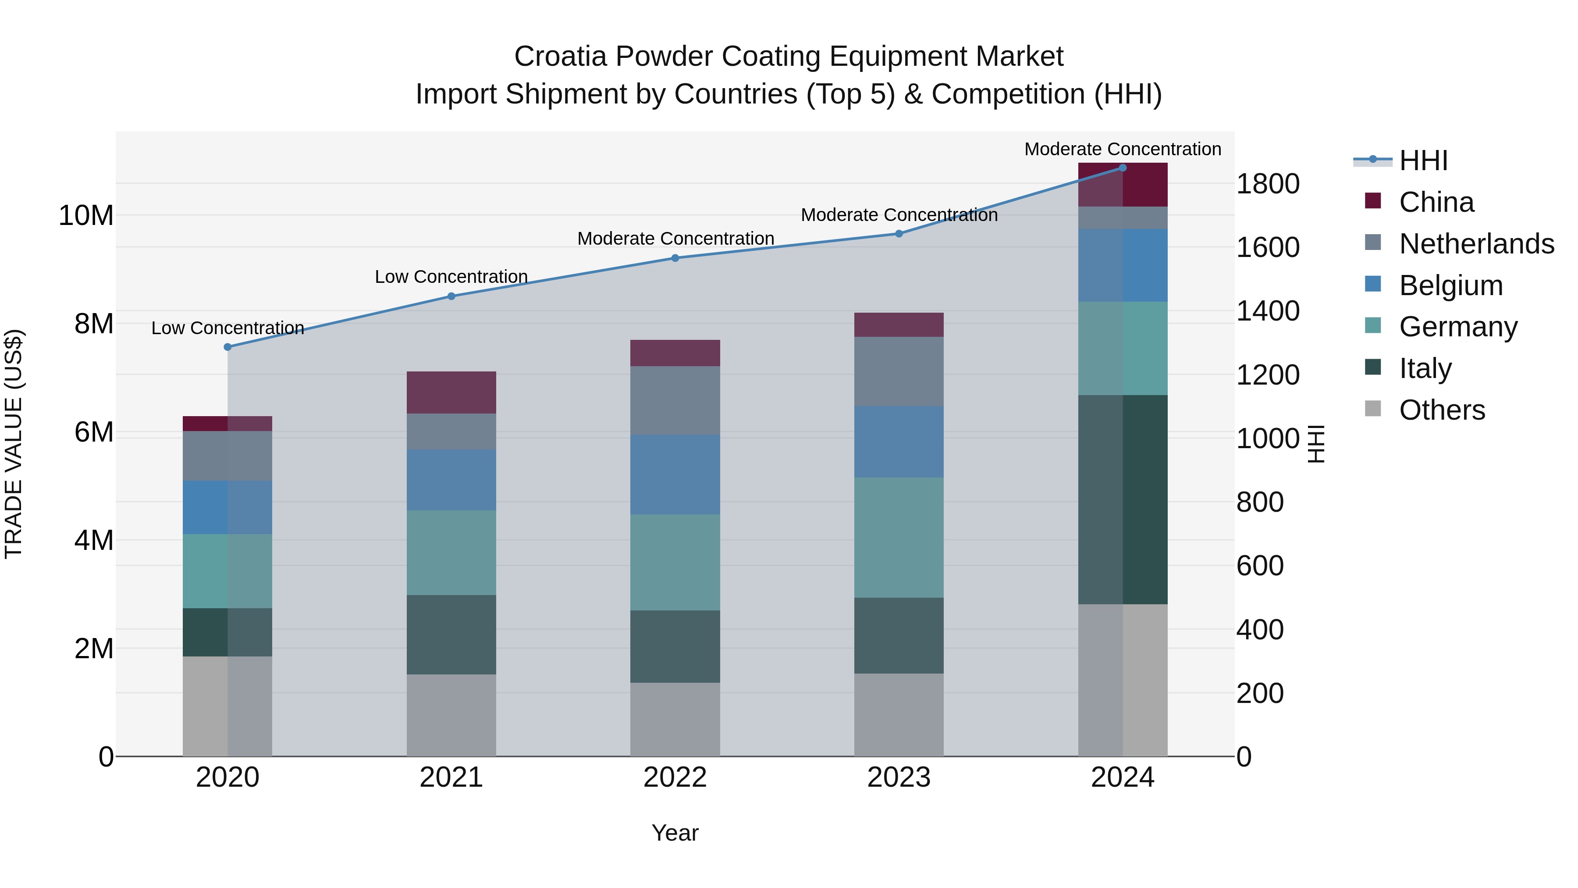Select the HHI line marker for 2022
[675, 258]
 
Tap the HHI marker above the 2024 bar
[1122, 168]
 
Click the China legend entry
[1436, 202]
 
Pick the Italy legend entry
[1425, 368]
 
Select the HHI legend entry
[1422, 160]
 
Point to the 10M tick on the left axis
[86, 216]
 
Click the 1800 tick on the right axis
[1267, 184]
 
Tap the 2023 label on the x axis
[899, 777]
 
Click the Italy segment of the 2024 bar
[1122, 499]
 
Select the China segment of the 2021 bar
[451, 392]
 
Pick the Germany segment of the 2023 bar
[899, 538]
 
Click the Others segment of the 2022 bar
[675, 720]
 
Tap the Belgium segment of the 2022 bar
[675, 474]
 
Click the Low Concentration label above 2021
[451, 277]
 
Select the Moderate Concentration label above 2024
[1122, 150]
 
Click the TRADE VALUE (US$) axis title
[14, 444]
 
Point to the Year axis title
[675, 833]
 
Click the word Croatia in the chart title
[560, 57]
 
